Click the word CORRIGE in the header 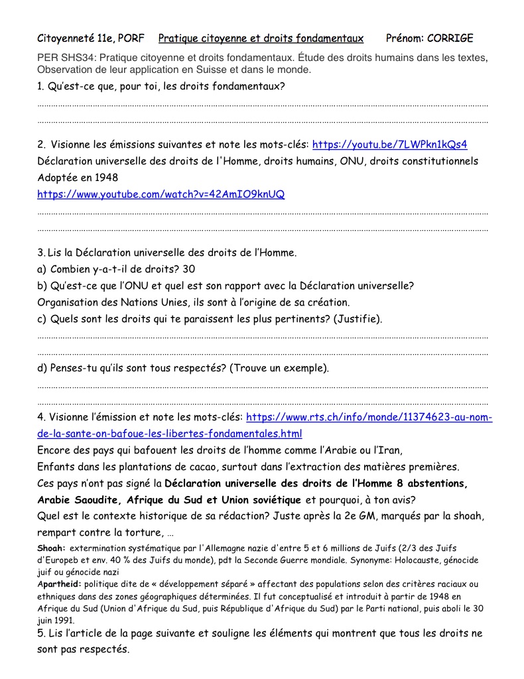(450, 38)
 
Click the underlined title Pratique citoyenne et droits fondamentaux (261, 38)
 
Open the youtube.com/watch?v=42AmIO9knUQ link (161, 194)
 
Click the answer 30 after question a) (188, 269)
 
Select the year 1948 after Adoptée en (106, 178)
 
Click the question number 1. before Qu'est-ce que (41, 86)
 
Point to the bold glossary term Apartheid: (59, 584)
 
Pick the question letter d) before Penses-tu (43, 368)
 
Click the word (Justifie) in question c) (358, 319)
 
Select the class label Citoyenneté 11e (76, 38)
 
